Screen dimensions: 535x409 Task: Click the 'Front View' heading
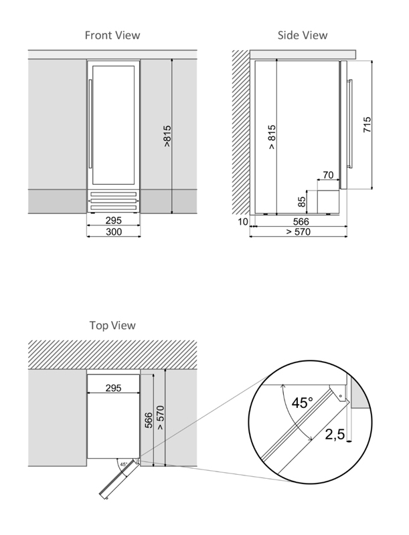(x=112, y=35)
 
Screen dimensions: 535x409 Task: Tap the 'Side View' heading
(x=303, y=35)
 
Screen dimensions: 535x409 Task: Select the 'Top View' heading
(x=112, y=325)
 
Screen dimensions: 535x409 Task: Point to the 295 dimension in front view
(x=113, y=220)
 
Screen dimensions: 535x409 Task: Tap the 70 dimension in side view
(x=328, y=175)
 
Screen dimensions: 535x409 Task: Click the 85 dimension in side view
(x=302, y=201)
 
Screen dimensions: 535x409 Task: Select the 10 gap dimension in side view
(x=242, y=221)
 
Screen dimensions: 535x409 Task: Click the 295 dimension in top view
(x=113, y=388)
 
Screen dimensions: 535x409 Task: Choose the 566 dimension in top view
(x=149, y=419)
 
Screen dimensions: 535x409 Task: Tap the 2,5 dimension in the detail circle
(x=335, y=435)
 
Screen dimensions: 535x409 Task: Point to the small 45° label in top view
(x=123, y=463)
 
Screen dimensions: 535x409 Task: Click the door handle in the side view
(x=349, y=124)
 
